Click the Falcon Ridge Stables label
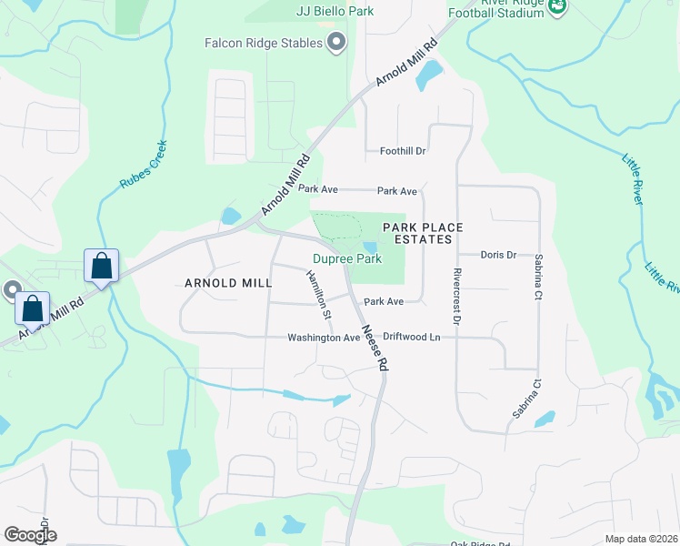coord(264,43)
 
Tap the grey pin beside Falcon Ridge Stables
coord(337,42)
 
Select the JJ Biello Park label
coord(335,11)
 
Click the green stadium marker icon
coord(558,7)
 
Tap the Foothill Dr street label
coord(403,151)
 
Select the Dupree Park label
coord(346,259)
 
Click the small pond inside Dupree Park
coord(369,247)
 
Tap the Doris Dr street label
coord(498,255)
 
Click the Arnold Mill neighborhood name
coord(228,283)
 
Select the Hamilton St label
coord(317,296)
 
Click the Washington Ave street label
coord(324,338)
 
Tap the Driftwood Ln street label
coord(411,337)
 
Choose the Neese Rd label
coord(375,349)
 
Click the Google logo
coord(30,534)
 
